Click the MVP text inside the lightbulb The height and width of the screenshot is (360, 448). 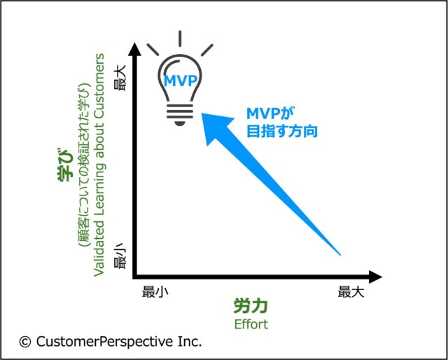pos(181,81)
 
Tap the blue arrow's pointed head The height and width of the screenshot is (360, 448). pos(202,113)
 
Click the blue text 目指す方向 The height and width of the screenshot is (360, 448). pos(282,132)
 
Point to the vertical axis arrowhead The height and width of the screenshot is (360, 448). pos(135,49)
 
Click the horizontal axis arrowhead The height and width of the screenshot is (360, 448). pos(375,277)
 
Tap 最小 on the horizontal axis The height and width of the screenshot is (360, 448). pos(155,293)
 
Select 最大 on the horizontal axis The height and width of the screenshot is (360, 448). pos(351,293)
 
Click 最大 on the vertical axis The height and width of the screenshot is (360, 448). pos(120,78)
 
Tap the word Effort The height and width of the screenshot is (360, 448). pos(251,324)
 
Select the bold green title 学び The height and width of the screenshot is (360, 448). pos(65,165)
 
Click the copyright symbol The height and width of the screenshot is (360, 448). pos(25,342)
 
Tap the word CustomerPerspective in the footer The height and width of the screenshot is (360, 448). pos(104,342)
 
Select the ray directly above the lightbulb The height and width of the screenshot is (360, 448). pos(180,39)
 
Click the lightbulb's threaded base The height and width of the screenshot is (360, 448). pos(180,113)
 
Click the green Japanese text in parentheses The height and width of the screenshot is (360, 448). pos(85,166)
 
